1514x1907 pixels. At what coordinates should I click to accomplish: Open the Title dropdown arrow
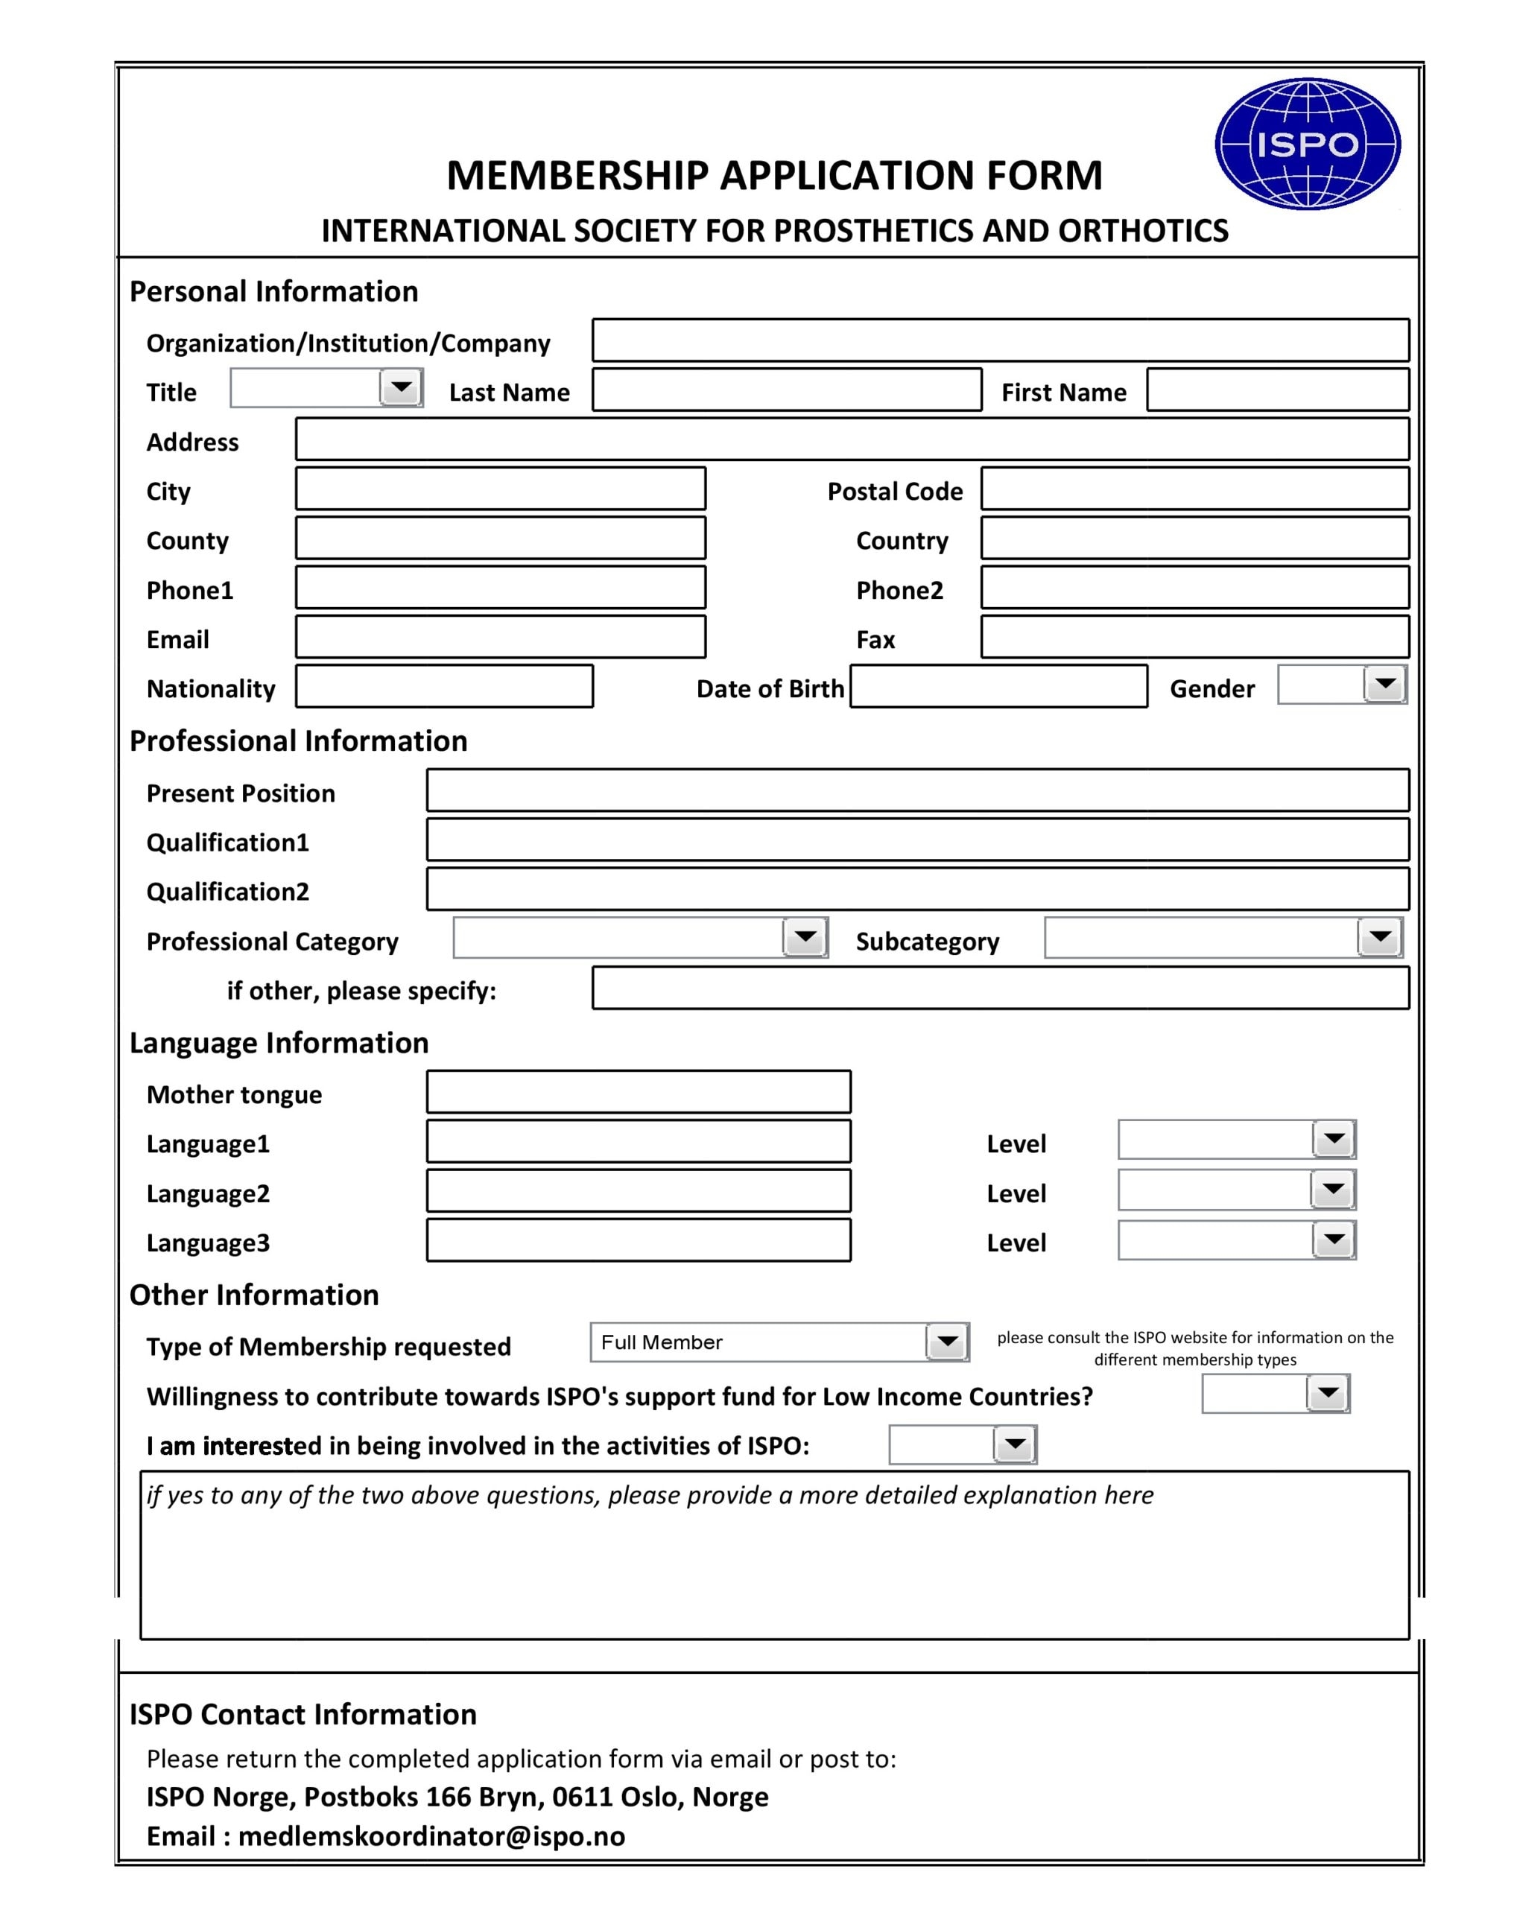(x=401, y=387)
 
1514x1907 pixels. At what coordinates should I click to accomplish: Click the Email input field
(x=500, y=637)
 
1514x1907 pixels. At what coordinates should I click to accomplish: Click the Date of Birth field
(x=998, y=686)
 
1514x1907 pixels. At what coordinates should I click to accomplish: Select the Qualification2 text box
(x=916, y=889)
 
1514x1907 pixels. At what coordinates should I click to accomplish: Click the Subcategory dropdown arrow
(x=1379, y=936)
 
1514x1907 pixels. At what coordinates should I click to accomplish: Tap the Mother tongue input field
(x=638, y=1091)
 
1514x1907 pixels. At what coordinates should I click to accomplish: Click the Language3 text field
(x=638, y=1240)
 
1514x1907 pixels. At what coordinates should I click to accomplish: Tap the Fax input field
(x=1194, y=637)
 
